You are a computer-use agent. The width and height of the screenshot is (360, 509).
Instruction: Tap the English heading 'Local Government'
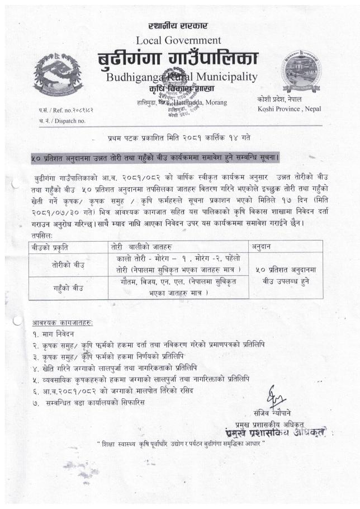pos(178,40)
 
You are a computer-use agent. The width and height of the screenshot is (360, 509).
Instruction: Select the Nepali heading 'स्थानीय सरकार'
pos(178,26)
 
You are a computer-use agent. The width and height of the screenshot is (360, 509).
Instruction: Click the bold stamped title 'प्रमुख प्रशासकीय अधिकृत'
pos(282,432)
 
